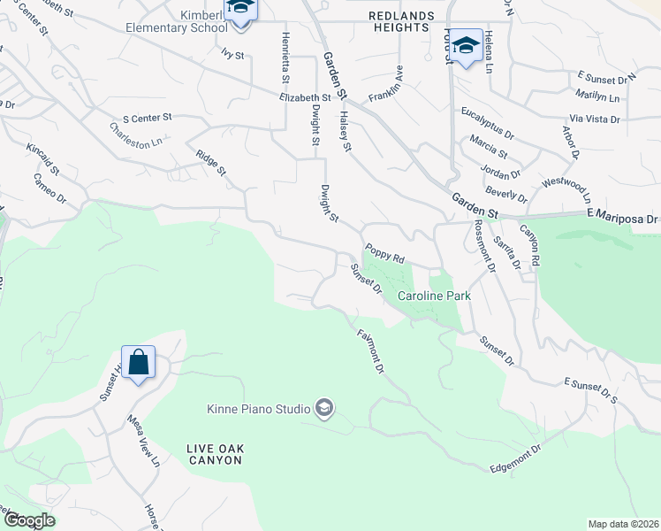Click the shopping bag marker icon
point(138,362)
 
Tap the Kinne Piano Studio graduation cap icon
point(324,408)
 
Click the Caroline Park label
point(432,296)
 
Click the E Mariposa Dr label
point(622,218)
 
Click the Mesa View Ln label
point(142,442)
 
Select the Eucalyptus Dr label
point(488,123)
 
